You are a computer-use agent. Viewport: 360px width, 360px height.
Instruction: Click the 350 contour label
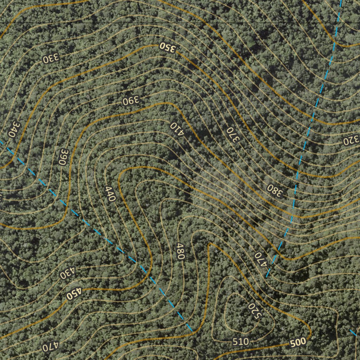coord(167,47)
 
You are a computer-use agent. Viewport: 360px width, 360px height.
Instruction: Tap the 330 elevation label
coord(51,59)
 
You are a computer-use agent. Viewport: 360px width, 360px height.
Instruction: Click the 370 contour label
coord(232,135)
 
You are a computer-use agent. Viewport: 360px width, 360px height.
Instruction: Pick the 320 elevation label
coord(351,141)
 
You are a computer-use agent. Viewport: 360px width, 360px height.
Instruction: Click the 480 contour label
coord(180,251)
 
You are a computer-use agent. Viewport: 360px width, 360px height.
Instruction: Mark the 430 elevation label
coord(67,272)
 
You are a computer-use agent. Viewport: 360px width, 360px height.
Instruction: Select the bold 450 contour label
coord(74,294)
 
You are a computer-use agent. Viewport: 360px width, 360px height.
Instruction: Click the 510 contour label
coord(241,341)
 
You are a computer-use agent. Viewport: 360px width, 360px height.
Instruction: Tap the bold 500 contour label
coord(298,343)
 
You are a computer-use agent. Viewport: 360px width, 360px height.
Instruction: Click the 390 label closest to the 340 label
coord(63,157)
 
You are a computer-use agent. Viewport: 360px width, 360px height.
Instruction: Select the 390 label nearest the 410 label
coord(131,101)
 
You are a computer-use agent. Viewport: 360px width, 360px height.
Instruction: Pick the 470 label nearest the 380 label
coord(261,259)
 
